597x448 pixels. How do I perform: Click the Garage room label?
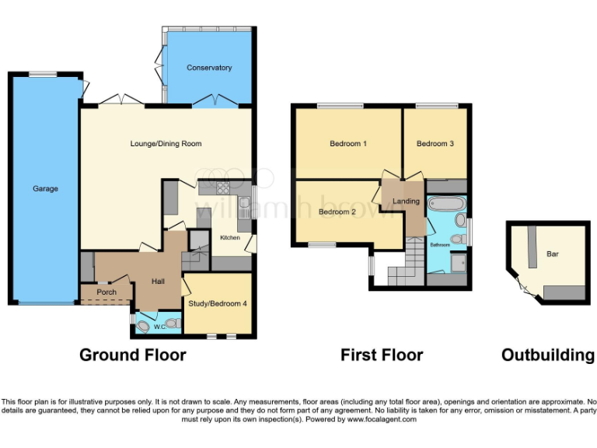[x=45, y=189]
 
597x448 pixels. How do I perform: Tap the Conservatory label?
[x=209, y=68]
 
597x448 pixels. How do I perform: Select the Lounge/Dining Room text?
[x=166, y=143]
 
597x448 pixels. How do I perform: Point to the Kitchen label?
[x=229, y=237]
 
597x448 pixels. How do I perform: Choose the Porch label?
[x=106, y=292]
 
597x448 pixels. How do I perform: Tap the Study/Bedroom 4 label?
[x=218, y=303]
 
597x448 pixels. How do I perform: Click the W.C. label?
[x=159, y=326]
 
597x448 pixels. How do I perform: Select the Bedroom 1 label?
[x=348, y=144]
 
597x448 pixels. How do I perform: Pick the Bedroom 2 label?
[x=337, y=212]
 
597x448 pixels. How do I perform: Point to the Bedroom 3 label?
[x=435, y=144]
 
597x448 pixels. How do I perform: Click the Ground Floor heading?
[x=133, y=355]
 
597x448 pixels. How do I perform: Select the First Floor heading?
[x=382, y=355]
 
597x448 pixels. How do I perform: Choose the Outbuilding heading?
[x=548, y=355]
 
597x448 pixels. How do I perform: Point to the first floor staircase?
[x=405, y=268]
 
